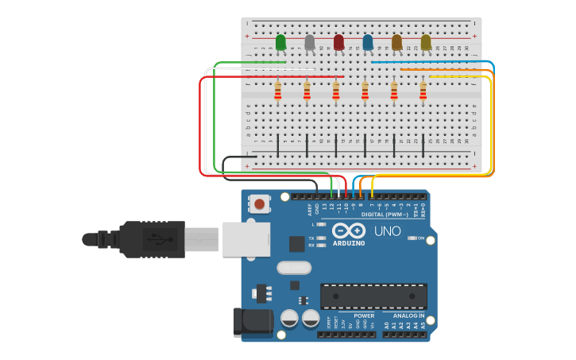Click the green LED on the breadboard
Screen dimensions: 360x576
tap(280, 42)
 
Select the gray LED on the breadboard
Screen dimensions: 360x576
tap(310, 42)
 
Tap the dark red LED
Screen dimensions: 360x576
tap(338, 42)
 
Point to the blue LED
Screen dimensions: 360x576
tap(368, 42)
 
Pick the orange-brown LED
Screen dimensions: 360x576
tap(396, 42)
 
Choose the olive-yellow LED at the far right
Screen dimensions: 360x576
tap(426, 42)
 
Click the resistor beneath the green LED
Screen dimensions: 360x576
tap(277, 92)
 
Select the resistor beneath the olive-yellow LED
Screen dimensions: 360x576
tap(423, 92)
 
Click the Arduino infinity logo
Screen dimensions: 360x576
tap(349, 230)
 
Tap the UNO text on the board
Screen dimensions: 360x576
tap(388, 231)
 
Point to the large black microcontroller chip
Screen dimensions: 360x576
tap(373, 296)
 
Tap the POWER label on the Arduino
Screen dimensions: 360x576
tap(364, 315)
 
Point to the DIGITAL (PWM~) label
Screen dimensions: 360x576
tap(385, 215)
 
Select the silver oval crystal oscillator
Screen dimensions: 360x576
tap(294, 268)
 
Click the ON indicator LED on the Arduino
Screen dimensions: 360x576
tap(412, 238)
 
